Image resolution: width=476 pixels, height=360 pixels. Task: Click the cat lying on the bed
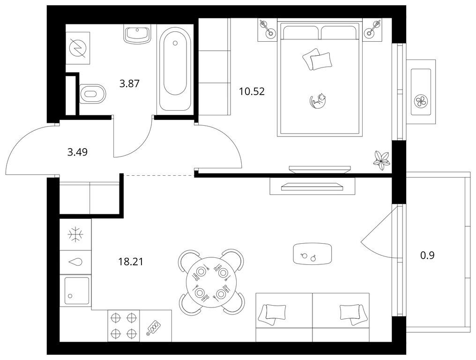318,101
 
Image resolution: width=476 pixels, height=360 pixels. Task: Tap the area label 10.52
252,91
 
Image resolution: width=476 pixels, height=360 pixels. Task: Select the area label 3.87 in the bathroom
129,83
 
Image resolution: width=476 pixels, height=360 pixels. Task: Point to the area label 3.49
77,151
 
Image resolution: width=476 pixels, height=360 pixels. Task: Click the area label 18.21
130,261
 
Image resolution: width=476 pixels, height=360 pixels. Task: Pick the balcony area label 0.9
427,255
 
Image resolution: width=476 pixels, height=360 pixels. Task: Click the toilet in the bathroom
92,93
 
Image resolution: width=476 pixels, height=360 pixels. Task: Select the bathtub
175,68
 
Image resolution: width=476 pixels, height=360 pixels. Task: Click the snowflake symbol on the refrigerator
75,235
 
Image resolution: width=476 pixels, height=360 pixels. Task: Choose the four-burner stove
124,326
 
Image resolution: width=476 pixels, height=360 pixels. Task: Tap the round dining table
212,282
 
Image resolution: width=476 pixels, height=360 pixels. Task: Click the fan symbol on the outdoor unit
421,101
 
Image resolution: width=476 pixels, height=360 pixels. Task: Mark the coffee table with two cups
312,254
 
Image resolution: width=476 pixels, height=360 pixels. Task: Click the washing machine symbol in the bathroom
78,48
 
